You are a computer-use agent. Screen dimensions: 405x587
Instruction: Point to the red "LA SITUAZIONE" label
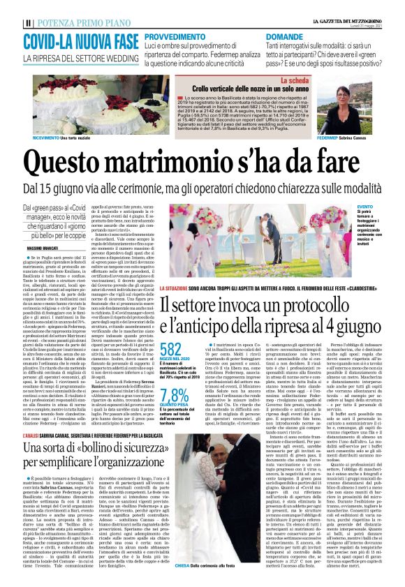[x=178, y=288]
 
